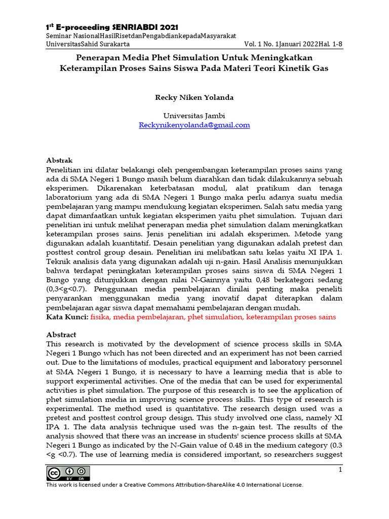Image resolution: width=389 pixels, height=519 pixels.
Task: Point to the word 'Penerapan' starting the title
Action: pyautogui.click(x=95, y=58)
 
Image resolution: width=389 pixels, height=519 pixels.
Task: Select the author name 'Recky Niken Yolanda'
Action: pyautogui.click(x=194, y=97)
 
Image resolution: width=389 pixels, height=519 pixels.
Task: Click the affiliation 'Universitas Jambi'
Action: pyautogui.click(x=194, y=116)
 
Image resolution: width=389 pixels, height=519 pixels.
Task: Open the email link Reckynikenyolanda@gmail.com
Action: pyautogui.click(x=194, y=125)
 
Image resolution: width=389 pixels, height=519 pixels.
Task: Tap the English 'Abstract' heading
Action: pyautogui.click(x=61, y=335)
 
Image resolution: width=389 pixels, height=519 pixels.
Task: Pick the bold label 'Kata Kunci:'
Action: pyautogui.click(x=67, y=317)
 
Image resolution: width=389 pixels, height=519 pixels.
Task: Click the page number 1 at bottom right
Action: pyautogui.click(x=340, y=471)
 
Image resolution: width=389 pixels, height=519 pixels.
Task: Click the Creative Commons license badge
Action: pyautogui.click(x=68, y=473)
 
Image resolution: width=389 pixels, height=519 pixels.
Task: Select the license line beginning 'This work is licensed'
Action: pyautogui.click(x=174, y=485)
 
